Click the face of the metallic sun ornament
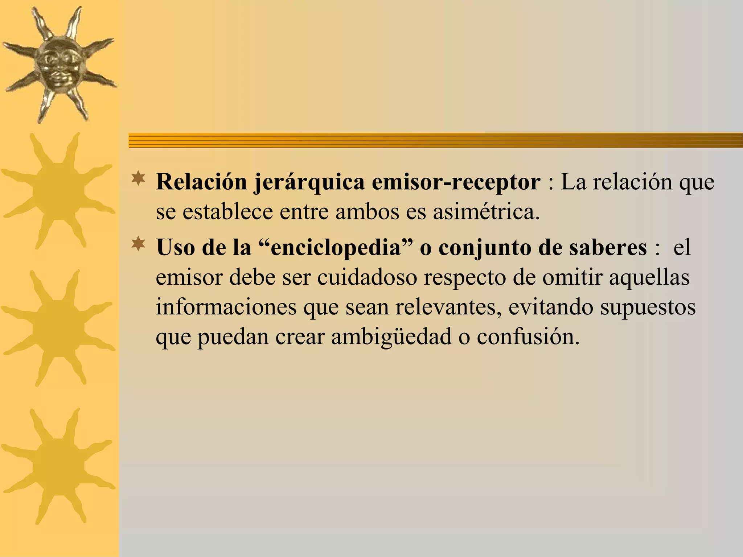[59, 64]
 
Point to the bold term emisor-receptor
[456, 182]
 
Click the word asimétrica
[486, 212]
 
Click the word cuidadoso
[367, 278]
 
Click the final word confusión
[528, 337]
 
